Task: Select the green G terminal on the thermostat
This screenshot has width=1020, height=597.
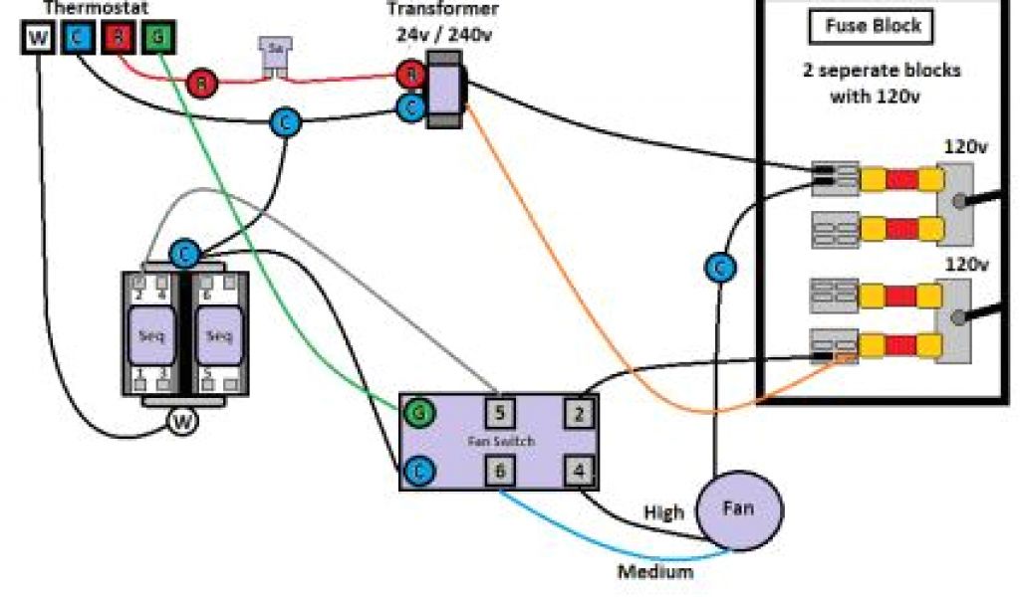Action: [157, 39]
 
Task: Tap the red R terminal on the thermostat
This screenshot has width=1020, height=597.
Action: [119, 39]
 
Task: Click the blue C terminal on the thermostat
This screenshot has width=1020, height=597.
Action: [79, 39]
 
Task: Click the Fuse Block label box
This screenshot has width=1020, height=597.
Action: [873, 27]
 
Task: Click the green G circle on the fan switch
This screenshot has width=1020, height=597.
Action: [418, 411]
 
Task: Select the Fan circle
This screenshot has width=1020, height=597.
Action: [738, 508]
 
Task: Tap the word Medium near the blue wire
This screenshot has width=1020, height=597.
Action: [654, 572]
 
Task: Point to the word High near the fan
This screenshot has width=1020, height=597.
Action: [663, 512]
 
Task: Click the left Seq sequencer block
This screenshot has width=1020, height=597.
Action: [153, 334]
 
